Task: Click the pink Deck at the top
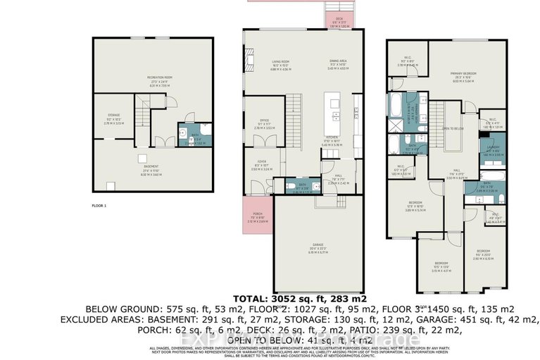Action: tap(339, 20)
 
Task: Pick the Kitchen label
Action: tap(330, 139)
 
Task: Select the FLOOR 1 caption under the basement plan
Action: tap(99, 206)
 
